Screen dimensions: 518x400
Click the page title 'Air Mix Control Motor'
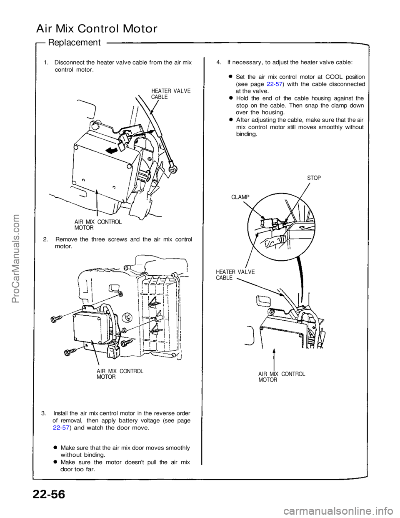97,29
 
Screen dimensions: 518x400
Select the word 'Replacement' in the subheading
75,43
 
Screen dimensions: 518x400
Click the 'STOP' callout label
314,178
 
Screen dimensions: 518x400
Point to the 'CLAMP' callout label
240,197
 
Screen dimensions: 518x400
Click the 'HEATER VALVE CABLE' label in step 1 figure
170,94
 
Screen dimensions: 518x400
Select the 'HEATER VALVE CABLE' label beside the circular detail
235,275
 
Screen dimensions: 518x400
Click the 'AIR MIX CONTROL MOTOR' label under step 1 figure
98,225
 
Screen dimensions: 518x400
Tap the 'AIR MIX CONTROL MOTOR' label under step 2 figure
120,374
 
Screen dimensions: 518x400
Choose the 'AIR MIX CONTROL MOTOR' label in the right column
281,377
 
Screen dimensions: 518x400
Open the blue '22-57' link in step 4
275,84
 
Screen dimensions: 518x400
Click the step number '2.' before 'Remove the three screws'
45,239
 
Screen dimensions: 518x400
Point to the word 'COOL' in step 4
334,77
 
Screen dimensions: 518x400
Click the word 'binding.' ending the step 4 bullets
247,134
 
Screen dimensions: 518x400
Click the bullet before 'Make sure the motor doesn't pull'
56,462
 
